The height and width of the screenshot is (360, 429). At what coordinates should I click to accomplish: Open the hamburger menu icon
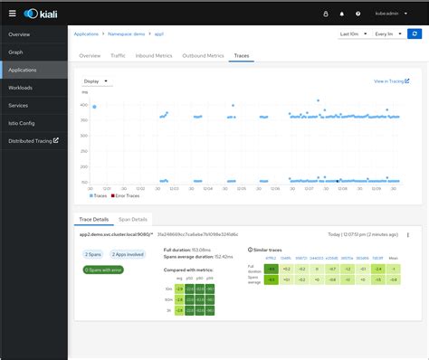tap(11, 14)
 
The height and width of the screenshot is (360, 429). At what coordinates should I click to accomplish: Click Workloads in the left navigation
tap(22, 87)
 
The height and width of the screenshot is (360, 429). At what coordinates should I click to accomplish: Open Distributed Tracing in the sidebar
tap(33, 140)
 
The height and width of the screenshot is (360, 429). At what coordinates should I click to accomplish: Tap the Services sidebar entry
tap(20, 105)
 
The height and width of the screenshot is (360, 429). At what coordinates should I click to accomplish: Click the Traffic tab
tap(118, 55)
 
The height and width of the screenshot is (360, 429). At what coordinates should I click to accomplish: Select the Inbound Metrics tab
tap(153, 55)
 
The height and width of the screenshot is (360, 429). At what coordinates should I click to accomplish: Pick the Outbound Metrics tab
tap(202, 55)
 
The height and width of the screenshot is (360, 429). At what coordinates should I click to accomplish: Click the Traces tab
tap(242, 55)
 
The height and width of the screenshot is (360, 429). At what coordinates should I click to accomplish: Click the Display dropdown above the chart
tap(95, 81)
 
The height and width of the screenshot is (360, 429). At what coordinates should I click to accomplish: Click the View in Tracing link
tap(390, 81)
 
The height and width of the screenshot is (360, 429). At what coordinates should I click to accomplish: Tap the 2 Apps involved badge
tap(133, 254)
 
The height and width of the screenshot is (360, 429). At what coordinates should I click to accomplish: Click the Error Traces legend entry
tap(127, 195)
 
